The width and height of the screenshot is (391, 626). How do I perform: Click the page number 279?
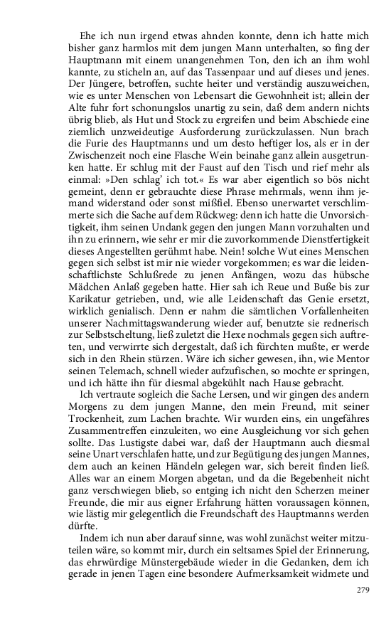pyautogui.click(x=364, y=589)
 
